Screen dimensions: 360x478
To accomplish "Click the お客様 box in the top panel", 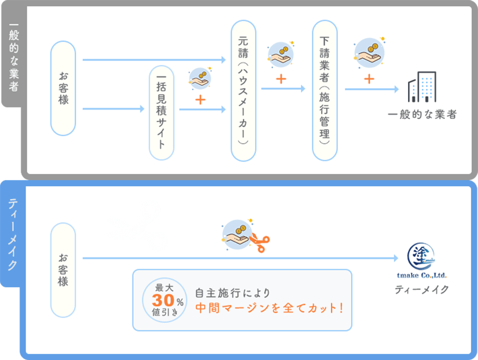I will click(x=63, y=88).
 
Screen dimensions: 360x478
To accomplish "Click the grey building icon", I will click(x=422, y=87).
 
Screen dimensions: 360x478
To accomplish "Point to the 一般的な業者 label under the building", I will click(x=422, y=115).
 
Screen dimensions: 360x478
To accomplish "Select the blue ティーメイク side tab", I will click(x=13, y=234).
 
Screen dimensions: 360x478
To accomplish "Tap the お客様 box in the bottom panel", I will click(x=63, y=269).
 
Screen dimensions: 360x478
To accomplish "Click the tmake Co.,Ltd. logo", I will click(x=422, y=261).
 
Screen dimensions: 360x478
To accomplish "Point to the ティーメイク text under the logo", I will click(x=422, y=290).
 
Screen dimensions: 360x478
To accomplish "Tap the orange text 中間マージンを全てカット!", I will click(x=270, y=308).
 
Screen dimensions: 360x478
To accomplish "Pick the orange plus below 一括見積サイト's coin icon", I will click(x=200, y=100).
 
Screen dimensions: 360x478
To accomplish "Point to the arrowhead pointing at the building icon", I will click(x=396, y=89).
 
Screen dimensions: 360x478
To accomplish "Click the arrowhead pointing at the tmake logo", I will click(x=396, y=258).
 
